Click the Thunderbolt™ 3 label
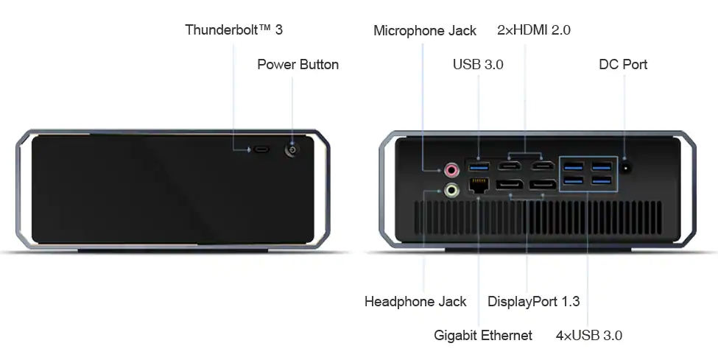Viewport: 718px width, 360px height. point(233,30)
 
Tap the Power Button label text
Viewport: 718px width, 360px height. point(298,65)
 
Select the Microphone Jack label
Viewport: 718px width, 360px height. point(424,31)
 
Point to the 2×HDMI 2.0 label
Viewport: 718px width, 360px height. point(534,30)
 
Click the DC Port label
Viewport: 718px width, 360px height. point(623,65)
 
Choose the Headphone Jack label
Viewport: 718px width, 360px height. point(415,302)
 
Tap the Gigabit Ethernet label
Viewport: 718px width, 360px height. point(483,336)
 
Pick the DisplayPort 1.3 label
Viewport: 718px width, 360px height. point(533,302)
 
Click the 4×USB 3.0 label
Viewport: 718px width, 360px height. point(588,336)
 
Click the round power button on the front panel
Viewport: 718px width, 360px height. point(293,149)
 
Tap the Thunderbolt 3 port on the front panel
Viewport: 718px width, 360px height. point(262,149)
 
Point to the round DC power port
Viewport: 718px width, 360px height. point(626,168)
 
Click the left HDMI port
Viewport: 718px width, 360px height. point(510,167)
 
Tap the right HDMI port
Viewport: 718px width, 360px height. point(543,167)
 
